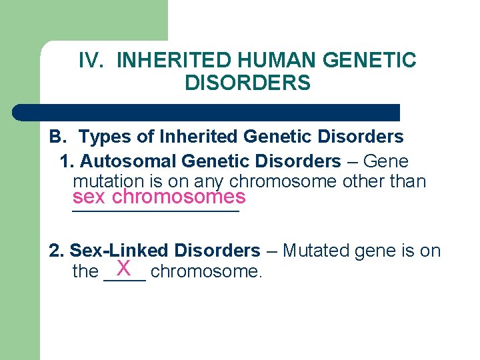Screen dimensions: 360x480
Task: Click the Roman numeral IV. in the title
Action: tap(92, 61)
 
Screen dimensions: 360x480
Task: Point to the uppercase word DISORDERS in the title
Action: tap(247, 83)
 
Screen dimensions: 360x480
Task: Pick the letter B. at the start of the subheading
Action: tap(57, 137)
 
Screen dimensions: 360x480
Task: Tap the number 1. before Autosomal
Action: tap(67, 161)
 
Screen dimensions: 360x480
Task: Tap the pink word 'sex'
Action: tap(89, 197)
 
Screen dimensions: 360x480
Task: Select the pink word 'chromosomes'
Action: tap(179, 197)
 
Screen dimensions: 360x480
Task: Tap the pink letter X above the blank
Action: tap(123, 267)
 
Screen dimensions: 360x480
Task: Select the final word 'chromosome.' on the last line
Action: tap(207, 272)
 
